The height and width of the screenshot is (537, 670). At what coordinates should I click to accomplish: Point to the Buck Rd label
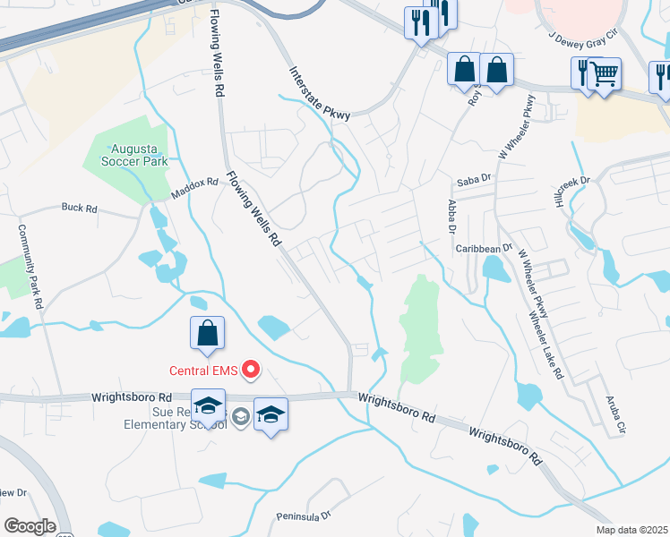pyautogui.click(x=79, y=208)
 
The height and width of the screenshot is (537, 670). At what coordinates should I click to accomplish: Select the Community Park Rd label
pyautogui.click(x=28, y=265)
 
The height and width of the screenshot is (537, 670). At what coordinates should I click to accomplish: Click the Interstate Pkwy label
pyautogui.click(x=318, y=92)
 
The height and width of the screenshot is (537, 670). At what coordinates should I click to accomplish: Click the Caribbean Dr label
pyautogui.click(x=482, y=248)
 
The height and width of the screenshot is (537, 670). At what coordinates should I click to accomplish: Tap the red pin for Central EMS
pyautogui.click(x=252, y=369)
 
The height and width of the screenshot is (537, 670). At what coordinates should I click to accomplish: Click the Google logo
pyautogui.click(x=30, y=525)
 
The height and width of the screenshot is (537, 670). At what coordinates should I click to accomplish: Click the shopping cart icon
pyautogui.click(x=606, y=73)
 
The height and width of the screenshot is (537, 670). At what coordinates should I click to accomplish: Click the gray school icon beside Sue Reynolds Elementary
pyautogui.click(x=240, y=415)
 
